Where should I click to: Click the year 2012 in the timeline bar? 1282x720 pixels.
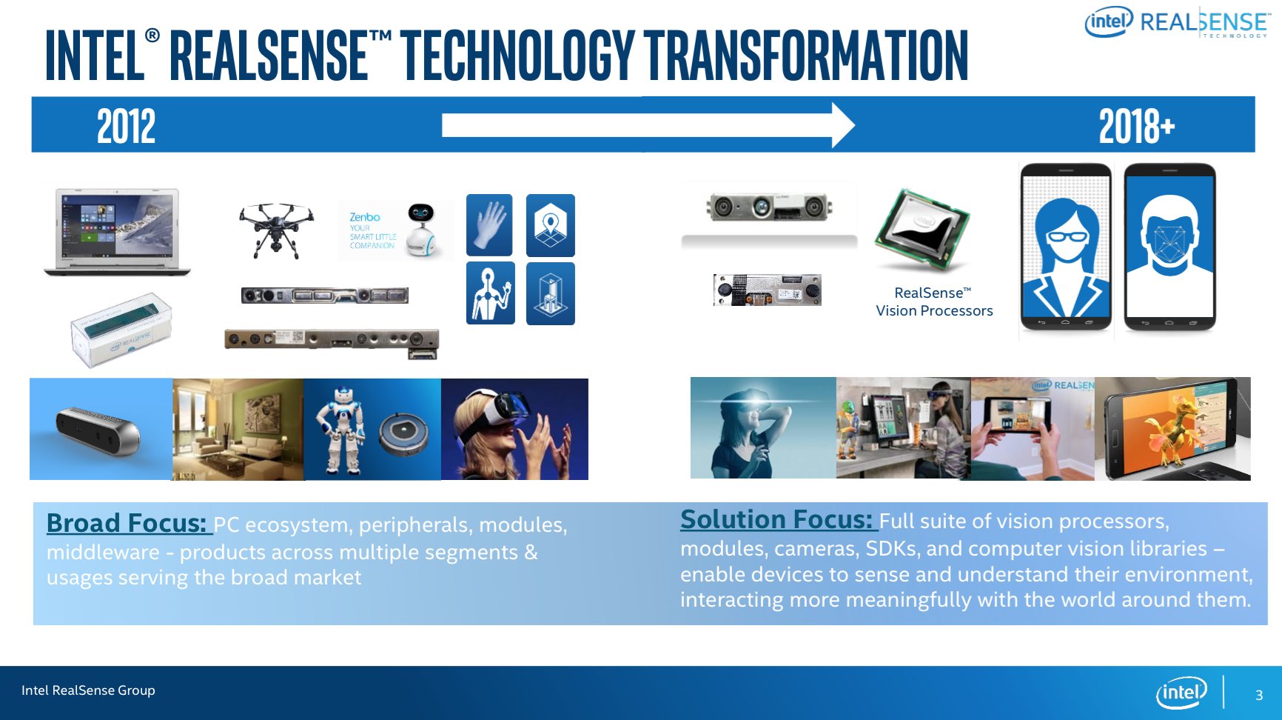(x=127, y=126)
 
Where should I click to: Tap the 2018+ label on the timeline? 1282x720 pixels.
(x=1136, y=126)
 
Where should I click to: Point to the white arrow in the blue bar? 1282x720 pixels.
(x=648, y=125)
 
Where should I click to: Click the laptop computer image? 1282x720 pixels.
(x=117, y=232)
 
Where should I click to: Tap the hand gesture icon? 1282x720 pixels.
(x=489, y=225)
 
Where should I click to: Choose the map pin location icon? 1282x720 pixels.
(x=551, y=225)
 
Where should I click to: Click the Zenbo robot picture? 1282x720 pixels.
(x=396, y=230)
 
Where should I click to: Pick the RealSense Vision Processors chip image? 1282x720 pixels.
(x=922, y=230)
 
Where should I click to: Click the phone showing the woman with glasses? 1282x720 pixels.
(x=1066, y=247)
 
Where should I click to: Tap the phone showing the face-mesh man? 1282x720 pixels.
(x=1169, y=247)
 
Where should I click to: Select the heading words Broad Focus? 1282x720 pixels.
(x=127, y=523)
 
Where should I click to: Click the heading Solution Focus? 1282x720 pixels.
(x=777, y=519)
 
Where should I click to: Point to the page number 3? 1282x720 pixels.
(x=1259, y=695)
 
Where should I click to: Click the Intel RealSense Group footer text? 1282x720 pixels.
(x=88, y=690)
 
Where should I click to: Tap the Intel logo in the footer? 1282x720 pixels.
(x=1181, y=693)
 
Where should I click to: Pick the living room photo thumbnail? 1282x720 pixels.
(x=238, y=430)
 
